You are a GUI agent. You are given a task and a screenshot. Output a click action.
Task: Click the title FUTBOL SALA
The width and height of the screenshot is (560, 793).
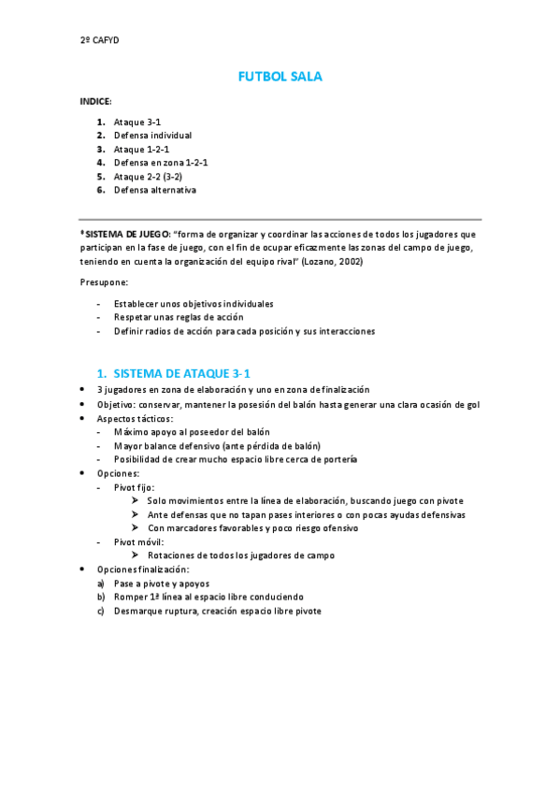coord(280,77)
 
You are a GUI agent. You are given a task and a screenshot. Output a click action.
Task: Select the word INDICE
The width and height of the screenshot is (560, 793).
coord(95,101)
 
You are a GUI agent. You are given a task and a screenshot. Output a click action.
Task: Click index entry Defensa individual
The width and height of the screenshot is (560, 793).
coord(152,136)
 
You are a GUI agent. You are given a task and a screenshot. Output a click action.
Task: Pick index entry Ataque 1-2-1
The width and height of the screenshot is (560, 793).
coord(141,149)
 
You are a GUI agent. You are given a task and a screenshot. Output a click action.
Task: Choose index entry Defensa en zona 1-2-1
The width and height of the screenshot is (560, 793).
coord(160,163)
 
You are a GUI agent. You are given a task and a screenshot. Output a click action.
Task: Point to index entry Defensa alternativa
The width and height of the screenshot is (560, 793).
coord(154,190)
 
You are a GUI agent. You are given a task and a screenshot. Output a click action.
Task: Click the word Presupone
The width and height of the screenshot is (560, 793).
coord(104,282)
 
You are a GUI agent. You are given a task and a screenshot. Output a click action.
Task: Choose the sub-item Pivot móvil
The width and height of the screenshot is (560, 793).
coord(138,541)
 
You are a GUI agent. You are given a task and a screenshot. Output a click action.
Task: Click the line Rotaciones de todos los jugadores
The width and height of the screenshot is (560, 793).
coord(241,555)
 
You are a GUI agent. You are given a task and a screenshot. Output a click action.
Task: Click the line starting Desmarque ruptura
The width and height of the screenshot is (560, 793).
coord(218,611)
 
